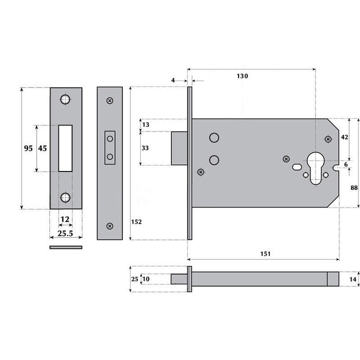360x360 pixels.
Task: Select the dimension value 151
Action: point(265,254)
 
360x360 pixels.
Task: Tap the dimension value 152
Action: point(137,221)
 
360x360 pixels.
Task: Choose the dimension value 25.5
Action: point(65,233)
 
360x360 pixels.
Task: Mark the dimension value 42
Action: point(344,136)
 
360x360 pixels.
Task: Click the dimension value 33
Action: point(145,148)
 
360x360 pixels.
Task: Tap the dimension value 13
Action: point(145,124)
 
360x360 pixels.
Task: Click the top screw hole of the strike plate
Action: point(65,99)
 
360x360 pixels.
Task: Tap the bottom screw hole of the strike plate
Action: point(65,198)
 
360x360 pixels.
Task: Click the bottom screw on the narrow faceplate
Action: point(109,225)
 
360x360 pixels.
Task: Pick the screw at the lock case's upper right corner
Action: point(328,138)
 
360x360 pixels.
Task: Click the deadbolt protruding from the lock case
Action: point(179,148)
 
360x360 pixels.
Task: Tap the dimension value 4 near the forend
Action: point(173,80)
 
